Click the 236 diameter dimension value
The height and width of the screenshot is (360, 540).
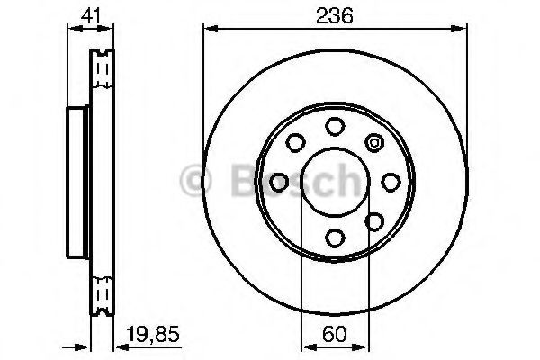coord(334,15)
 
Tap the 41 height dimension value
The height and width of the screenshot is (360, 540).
coord(87,15)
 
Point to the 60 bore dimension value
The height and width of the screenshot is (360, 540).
coord(334,332)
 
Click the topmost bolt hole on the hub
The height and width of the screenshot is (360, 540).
coord(334,125)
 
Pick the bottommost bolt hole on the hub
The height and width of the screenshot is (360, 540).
coord(334,238)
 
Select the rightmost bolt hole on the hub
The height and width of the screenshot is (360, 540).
coord(391,181)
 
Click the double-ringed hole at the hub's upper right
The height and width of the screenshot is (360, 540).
coord(373,142)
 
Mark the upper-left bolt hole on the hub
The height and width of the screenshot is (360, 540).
coord(294,142)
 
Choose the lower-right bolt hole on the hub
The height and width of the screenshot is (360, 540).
coord(373,220)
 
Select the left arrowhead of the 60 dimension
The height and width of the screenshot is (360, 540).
coord(304,345)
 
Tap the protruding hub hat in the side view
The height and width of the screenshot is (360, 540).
coord(76,181)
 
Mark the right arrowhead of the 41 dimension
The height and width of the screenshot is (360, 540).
coord(108,30)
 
